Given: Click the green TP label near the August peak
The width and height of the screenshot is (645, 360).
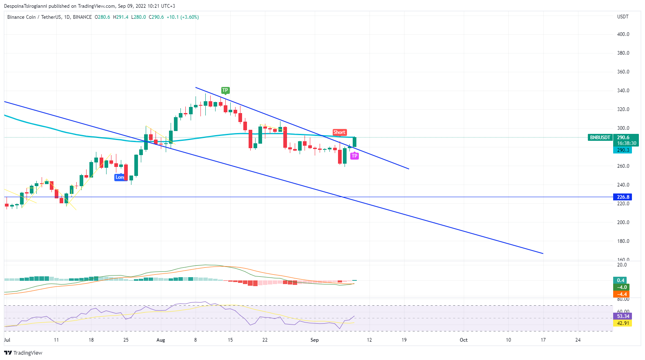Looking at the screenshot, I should (x=225, y=90).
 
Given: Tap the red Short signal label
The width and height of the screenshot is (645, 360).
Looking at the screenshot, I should (x=339, y=132).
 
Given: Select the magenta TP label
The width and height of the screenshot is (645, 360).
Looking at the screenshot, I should (x=354, y=156).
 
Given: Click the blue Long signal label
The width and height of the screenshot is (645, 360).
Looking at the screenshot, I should (x=120, y=177).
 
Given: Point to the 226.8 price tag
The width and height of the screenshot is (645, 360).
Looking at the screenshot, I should (x=623, y=197).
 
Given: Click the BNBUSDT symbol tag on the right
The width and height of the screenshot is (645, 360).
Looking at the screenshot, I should (x=600, y=138).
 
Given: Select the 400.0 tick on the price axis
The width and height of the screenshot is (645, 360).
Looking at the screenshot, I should (x=623, y=34).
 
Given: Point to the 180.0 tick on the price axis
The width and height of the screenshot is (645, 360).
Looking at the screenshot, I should (x=623, y=241).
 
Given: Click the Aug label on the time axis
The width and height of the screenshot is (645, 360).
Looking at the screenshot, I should (x=161, y=340).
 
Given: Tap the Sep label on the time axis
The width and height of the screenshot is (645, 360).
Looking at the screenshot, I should (x=314, y=340).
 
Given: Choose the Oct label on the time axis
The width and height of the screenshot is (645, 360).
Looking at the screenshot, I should (x=464, y=340).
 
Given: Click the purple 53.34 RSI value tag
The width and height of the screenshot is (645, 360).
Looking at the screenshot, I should (x=623, y=316).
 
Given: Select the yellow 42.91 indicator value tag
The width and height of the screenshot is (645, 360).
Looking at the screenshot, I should (x=623, y=323).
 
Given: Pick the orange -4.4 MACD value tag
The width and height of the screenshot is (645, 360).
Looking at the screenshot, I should (x=621, y=294).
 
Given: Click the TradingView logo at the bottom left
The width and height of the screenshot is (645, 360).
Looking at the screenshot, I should (x=23, y=353).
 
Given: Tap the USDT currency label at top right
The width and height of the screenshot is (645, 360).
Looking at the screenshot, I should (x=623, y=17).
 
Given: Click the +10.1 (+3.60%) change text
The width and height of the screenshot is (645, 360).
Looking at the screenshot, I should (x=182, y=17).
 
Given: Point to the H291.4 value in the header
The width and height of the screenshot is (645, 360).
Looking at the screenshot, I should (x=121, y=17).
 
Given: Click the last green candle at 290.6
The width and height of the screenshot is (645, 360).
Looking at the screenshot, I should (x=355, y=142).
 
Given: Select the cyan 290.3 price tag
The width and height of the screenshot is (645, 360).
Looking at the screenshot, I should (x=623, y=150).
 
